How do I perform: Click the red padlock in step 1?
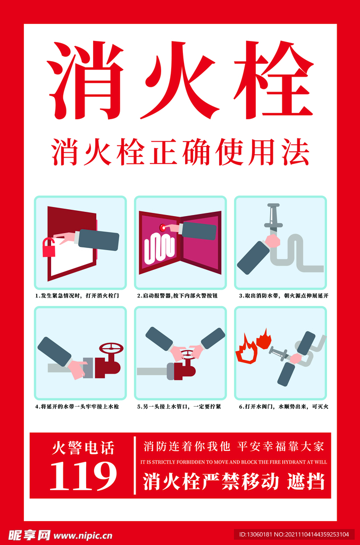(49, 247)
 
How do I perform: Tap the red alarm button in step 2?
(163, 228)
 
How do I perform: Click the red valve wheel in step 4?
(111, 349)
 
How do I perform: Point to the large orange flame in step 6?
(246, 349)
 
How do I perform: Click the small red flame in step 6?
(263, 339)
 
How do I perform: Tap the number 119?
(83, 475)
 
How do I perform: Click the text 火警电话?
(83, 447)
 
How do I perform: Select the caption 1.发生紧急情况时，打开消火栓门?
(77, 295)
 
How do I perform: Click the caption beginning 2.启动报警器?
(177, 295)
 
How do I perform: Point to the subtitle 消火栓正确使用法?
(180, 152)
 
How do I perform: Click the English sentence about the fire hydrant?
(233, 462)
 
